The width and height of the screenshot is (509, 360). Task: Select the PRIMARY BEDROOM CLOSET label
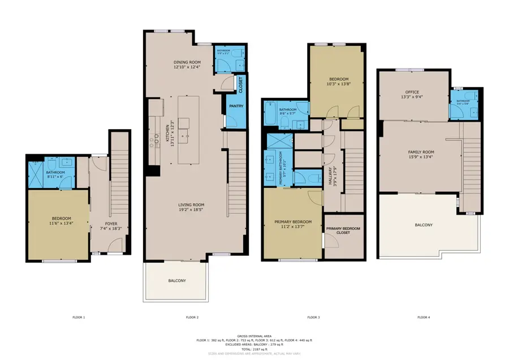pos(343,230)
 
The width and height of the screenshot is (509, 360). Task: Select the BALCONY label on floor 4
pos(424,225)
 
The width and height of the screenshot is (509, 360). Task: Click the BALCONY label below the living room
pos(176,281)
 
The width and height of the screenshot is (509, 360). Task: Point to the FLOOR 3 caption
pos(313,318)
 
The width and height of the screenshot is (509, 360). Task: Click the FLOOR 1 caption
pos(79,318)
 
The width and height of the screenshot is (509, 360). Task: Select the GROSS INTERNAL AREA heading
pos(254,336)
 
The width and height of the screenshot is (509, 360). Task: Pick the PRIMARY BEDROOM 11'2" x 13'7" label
pos(293,225)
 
